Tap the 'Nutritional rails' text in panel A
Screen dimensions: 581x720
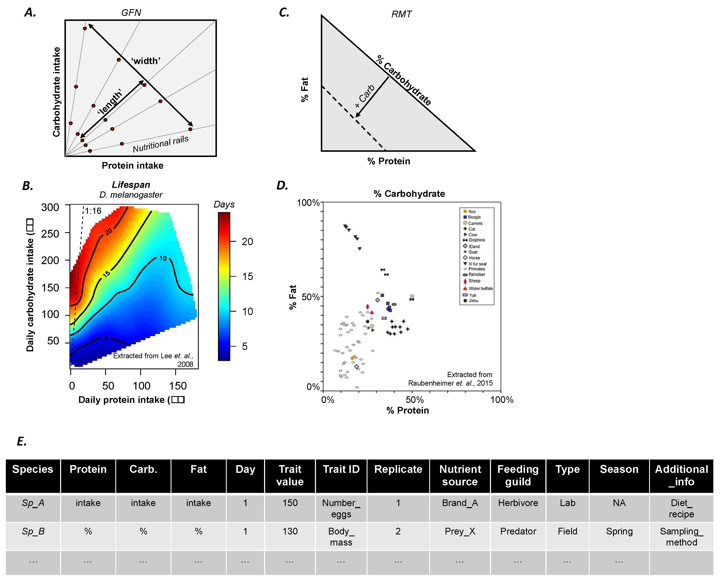tap(161, 144)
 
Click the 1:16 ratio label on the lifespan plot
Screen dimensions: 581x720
tap(93, 211)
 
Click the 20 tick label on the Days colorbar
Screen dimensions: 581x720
tap(247, 241)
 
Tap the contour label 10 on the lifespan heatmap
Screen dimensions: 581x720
tap(163, 258)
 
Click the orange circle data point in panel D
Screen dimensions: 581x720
tap(352, 358)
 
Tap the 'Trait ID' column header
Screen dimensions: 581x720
tap(341, 469)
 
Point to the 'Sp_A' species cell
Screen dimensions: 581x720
tap(33, 503)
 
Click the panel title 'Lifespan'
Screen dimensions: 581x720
tap(131, 185)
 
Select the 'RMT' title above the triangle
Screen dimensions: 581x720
tap(401, 14)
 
